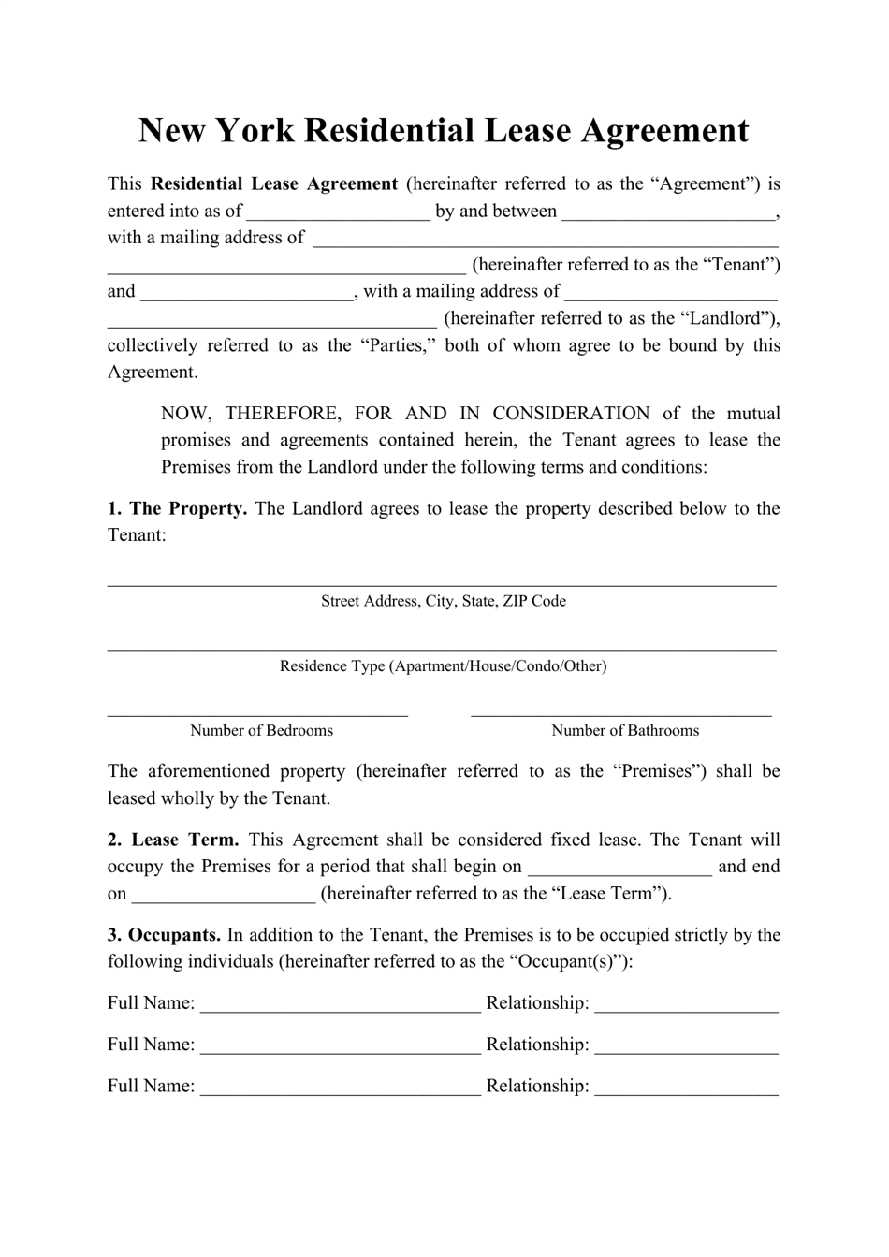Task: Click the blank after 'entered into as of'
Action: point(338,212)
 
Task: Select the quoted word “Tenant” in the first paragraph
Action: point(741,265)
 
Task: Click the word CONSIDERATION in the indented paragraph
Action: point(571,414)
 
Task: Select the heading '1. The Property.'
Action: point(177,509)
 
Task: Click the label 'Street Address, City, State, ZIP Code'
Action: point(443,601)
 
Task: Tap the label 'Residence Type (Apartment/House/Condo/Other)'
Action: point(443,666)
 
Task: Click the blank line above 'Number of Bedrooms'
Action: point(257,713)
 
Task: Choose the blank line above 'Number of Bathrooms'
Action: point(620,713)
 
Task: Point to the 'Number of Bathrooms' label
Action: point(624,731)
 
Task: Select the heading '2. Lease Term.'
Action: point(173,840)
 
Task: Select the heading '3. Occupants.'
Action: point(164,935)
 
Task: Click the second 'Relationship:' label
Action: point(537,1045)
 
